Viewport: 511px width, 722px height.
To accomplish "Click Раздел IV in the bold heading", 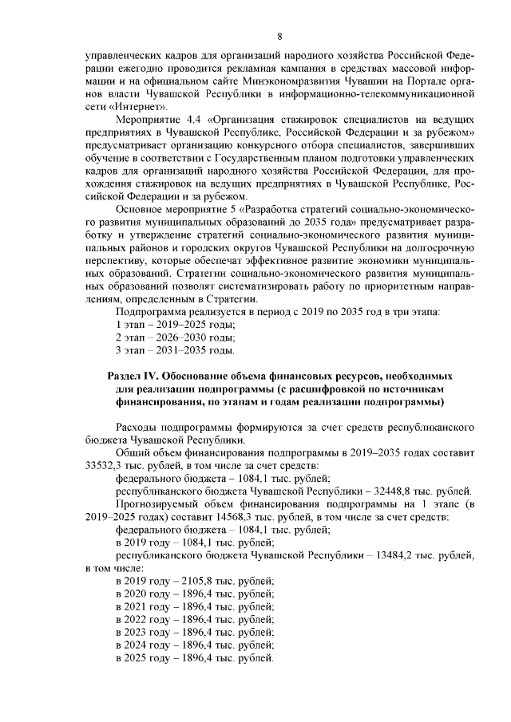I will (133, 375).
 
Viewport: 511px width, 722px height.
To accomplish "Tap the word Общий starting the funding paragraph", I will (134, 453).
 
